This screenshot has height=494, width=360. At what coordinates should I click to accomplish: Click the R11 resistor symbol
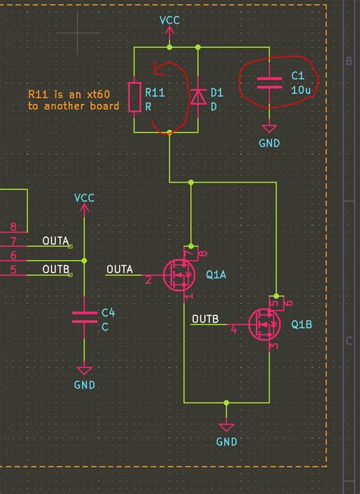click(x=134, y=97)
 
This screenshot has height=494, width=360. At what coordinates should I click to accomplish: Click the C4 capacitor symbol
click(x=84, y=318)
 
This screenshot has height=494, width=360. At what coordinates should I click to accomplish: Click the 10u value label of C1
click(x=299, y=89)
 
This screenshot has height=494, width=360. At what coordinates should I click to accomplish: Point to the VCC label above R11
click(x=169, y=21)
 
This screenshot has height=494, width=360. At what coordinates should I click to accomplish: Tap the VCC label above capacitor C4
click(x=84, y=198)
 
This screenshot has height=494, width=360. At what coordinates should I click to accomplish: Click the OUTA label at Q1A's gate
click(x=120, y=268)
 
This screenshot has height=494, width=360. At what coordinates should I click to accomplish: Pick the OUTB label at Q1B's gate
click(x=206, y=318)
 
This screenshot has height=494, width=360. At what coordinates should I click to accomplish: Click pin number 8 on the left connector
click(x=13, y=226)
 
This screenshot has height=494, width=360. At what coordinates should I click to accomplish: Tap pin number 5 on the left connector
click(x=13, y=269)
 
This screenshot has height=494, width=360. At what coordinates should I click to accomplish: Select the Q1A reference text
click(x=216, y=274)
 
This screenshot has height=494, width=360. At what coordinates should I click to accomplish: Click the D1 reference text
click(x=217, y=93)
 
